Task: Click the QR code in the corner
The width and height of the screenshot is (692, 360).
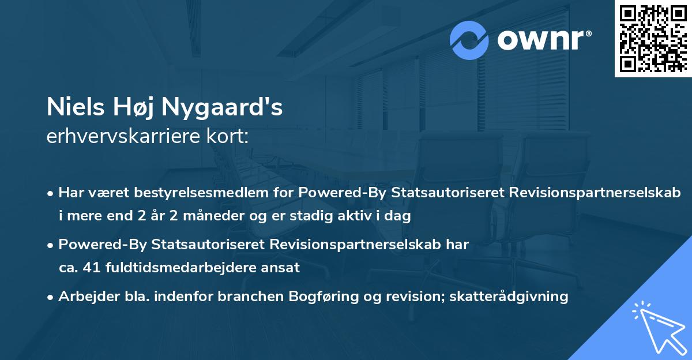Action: pos(653,39)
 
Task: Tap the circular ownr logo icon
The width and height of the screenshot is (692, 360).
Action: pos(469,40)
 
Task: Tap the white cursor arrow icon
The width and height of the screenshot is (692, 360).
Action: pos(657,328)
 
